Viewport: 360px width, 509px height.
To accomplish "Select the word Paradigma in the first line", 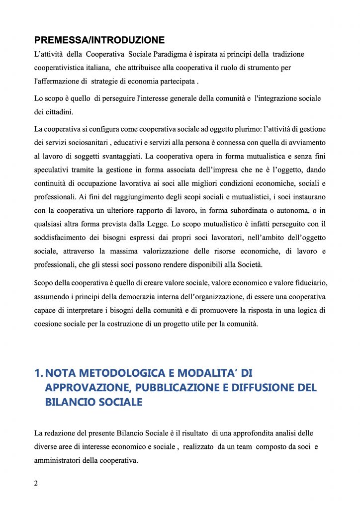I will click(176, 53).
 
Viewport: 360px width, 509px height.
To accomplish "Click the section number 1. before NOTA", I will click(38, 373).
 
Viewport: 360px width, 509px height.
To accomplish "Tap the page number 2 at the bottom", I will click(36, 483).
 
